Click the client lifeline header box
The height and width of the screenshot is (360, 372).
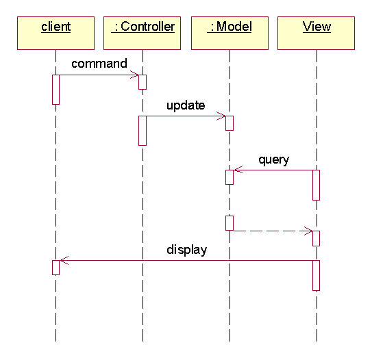coord(55,33)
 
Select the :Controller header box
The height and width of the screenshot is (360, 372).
coord(142,33)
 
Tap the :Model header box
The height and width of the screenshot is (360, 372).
coord(230,33)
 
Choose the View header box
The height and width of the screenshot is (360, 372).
coord(317,33)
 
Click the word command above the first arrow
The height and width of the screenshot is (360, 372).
coord(99,64)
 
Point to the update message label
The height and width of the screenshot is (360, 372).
coord(186,105)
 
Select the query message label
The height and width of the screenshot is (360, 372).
coord(274,160)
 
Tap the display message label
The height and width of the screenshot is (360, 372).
coord(187,250)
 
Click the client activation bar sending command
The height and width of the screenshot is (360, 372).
coord(55,90)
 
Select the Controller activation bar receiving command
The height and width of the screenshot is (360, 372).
coord(142,82)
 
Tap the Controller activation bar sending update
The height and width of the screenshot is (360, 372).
coord(142,131)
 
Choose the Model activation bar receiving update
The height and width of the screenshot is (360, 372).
coord(230,123)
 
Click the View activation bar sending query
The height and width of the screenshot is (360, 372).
coord(317,185)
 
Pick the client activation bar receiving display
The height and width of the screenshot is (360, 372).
coord(55,268)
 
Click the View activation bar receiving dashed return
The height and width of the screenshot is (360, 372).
coord(317,238)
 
